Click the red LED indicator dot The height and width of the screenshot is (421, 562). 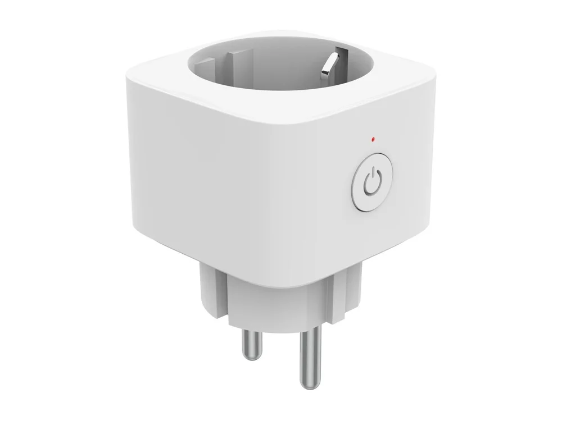(x=373, y=138)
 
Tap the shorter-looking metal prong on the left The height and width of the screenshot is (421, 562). (x=249, y=341)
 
